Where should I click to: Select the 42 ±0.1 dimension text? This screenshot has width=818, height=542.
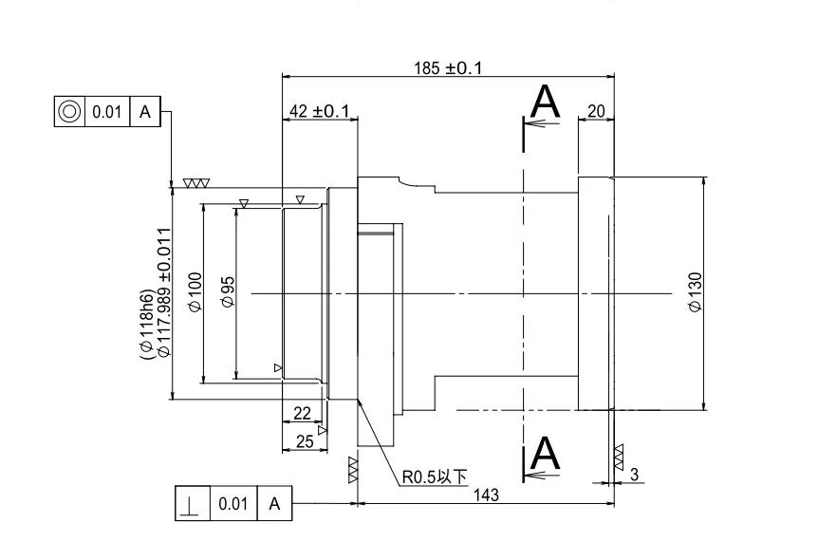[319, 112]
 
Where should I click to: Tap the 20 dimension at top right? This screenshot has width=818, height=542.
[596, 112]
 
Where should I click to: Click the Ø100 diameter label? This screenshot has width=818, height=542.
[195, 292]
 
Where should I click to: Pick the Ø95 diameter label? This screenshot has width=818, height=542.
[228, 292]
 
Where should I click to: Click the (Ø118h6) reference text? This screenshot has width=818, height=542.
[148, 323]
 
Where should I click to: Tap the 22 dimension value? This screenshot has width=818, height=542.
[302, 412]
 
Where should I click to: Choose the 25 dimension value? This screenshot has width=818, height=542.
[305, 441]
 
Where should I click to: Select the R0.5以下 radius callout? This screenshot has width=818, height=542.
[435, 477]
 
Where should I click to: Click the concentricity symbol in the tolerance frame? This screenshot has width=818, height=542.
[69, 111]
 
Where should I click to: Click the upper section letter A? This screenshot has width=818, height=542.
[545, 102]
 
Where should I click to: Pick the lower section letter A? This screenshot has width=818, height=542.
[545, 453]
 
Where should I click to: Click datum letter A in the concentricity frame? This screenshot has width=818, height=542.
[144, 111]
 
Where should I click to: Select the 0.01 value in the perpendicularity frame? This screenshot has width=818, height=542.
[233, 503]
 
